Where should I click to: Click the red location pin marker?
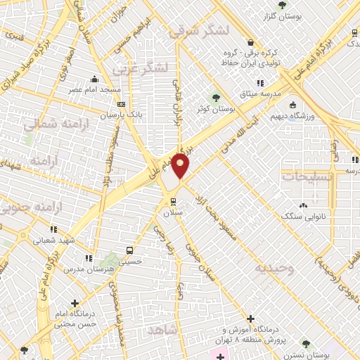[181, 165]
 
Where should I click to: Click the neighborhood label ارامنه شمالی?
[44, 124]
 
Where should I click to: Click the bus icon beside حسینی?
[129, 250]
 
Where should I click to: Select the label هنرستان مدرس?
[86, 269]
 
